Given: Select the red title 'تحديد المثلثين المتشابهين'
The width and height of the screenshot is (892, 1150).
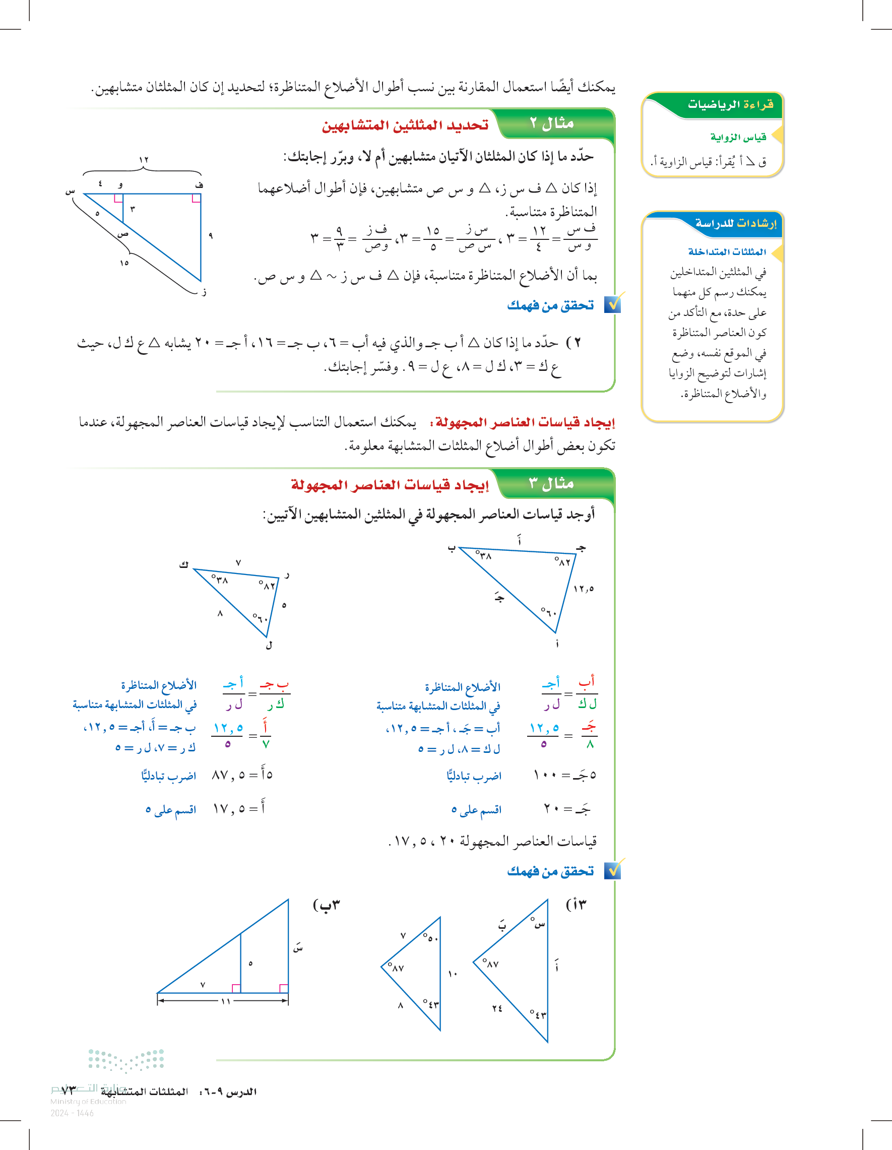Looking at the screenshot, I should coord(405,125).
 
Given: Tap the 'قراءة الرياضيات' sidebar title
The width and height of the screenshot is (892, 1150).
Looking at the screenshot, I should coord(730,104).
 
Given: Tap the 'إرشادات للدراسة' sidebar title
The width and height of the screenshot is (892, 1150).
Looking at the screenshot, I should coord(736,223).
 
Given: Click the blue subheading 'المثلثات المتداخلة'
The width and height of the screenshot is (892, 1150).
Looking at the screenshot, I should coord(727,251).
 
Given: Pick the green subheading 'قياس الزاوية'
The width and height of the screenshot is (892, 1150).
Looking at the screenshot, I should coord(738,138).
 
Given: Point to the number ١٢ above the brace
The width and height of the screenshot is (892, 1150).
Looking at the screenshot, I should coord(144,160).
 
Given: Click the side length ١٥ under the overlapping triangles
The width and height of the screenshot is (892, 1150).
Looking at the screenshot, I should coord(124,263).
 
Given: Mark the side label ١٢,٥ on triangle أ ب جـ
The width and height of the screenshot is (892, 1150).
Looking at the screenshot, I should coord(584,589).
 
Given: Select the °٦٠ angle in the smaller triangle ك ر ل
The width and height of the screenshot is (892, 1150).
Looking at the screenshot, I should coord(260,618).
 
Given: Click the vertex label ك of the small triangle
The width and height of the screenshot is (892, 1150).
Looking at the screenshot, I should coord(183,565).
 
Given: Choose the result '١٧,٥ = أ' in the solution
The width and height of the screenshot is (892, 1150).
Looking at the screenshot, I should coord(239,808).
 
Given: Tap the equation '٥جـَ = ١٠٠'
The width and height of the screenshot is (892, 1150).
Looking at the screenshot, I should coord(564,775).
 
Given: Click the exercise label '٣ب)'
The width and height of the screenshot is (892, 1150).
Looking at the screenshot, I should coord(327,905).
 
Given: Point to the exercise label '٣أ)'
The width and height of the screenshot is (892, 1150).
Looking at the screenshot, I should coord(576,905).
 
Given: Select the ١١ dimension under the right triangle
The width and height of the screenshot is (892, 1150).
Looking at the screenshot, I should coord(226,1001).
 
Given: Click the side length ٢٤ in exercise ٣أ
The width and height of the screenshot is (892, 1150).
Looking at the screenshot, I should coord(497,1008).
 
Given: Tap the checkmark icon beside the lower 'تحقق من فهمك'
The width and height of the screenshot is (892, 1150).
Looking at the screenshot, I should coord(612,870).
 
